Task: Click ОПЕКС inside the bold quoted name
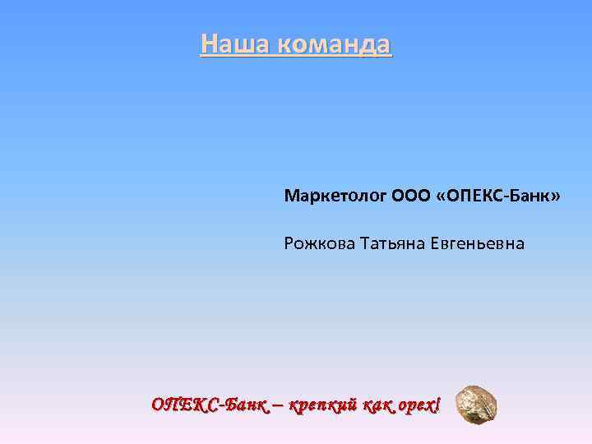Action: pyautogui.click(x=472, y=197)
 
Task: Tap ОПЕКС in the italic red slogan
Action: pyautogui.click(x=183, y=405)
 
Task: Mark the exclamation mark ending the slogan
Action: pyautogui.click(x=437, y=404)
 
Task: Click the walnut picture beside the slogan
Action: pyautogui.click(x=476, y=403)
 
